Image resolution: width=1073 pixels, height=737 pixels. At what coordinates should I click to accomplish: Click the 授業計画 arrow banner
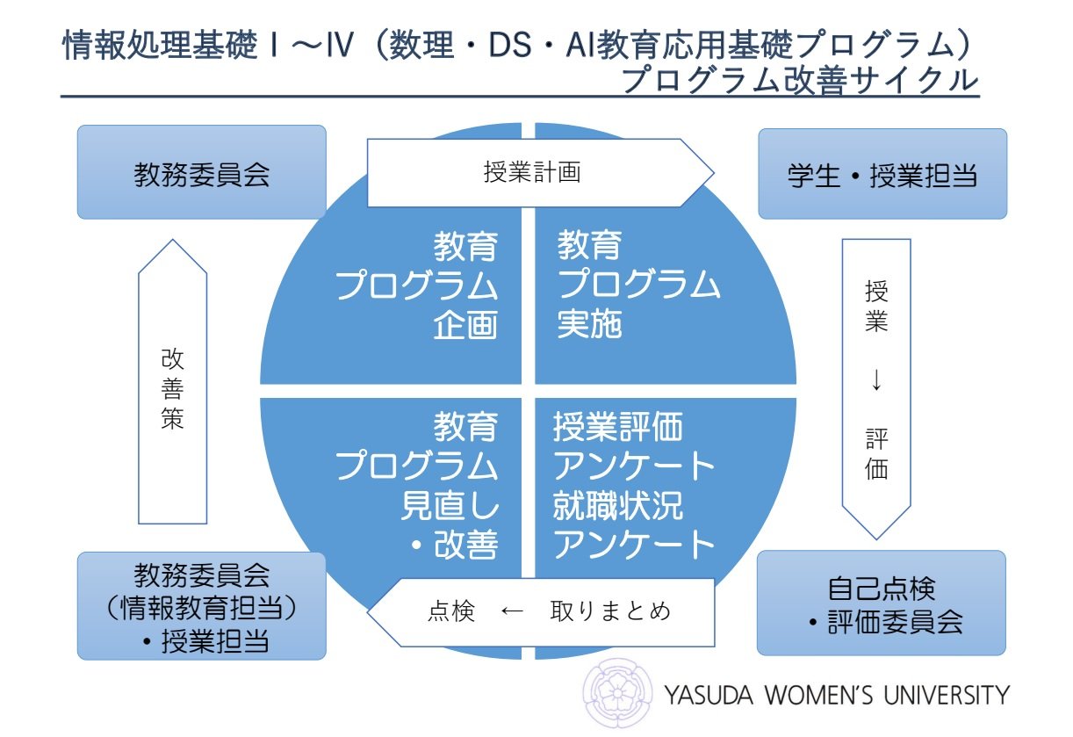tap(532, 172)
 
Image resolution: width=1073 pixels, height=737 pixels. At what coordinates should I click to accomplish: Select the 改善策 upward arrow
tap(172, 387)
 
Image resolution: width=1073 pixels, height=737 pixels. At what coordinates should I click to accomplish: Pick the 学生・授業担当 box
tap(882, 174)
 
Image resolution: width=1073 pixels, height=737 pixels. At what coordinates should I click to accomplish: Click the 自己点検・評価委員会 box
tap(882, 603)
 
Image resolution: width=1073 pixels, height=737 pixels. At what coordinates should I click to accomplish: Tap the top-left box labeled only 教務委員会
tap(202, 172)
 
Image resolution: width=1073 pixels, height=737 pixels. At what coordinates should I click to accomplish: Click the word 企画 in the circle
tap(465, 326)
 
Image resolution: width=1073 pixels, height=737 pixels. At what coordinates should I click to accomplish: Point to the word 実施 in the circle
tap(589, 326)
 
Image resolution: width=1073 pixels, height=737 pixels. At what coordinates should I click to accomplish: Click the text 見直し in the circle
tap(450, 506)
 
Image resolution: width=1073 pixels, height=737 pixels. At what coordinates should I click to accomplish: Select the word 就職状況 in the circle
tap(617, 506)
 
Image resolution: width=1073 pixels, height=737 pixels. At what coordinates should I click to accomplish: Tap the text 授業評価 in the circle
tap(617, 429)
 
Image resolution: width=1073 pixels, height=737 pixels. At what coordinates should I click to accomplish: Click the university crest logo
tap(621, 693)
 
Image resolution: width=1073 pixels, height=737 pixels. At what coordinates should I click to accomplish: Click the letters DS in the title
tap(515, 45)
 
